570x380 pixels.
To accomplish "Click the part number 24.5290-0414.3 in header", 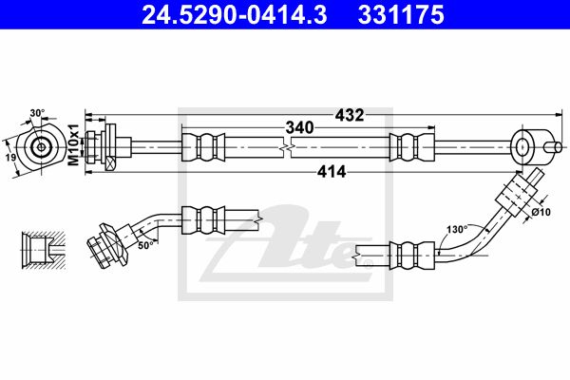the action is [x=234, y=14].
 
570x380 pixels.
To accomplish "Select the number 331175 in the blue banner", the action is [x=401, y=14].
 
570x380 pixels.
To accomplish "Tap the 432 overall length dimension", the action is [x=349, y=115].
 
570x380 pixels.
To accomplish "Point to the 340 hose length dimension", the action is [x=299, y=127].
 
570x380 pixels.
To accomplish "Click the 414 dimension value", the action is [x=332, y=172].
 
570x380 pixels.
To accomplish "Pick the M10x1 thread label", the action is [x=74, y=144].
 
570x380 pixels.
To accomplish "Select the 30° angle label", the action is [x=37, y=113].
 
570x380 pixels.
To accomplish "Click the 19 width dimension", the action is [x=10, y=158].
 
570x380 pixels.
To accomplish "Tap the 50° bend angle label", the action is [x=145, y=245].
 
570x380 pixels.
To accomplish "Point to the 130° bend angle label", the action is [x=457, y=230].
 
